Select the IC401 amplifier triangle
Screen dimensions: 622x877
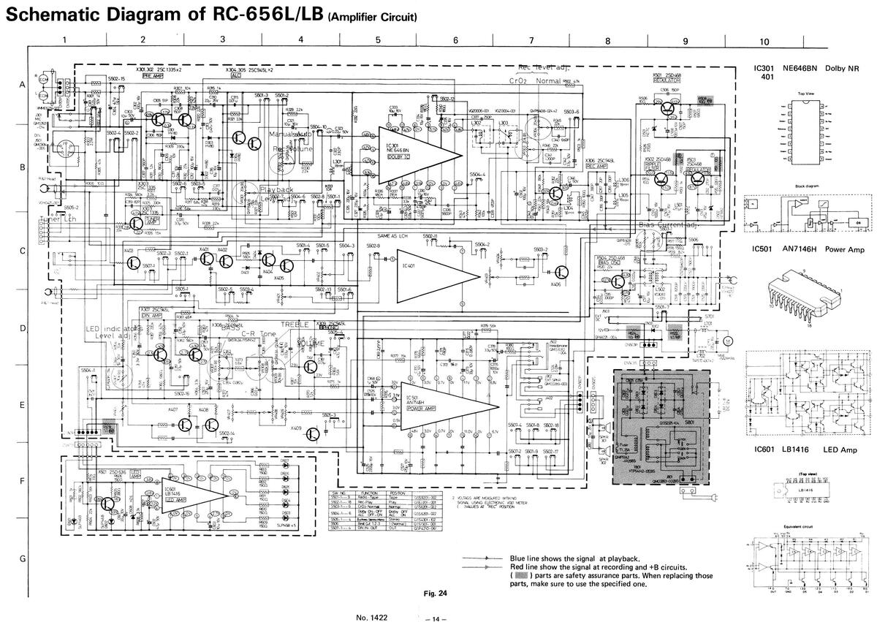click(431, 276)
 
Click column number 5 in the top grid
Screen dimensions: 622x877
click(378, 41)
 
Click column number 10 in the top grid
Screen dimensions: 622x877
click(764, 42)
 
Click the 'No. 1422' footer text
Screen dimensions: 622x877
click(371, 618)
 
